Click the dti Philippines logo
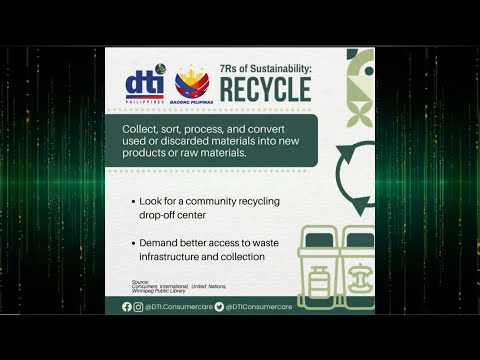[x=144, y=85]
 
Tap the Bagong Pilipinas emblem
[x=192, y=84]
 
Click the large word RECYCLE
[x=265, y=90]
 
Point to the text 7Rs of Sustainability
[x=265, y=67]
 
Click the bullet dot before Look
[x=134, y=202]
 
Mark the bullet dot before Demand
[x=134, y=244]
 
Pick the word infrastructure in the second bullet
[x=177, y=257]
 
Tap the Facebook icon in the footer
[x=127, y=307]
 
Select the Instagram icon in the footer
[x=138, y=307]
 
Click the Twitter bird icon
[x=219, y=307]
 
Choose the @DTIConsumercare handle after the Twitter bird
[x=260, y=307]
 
